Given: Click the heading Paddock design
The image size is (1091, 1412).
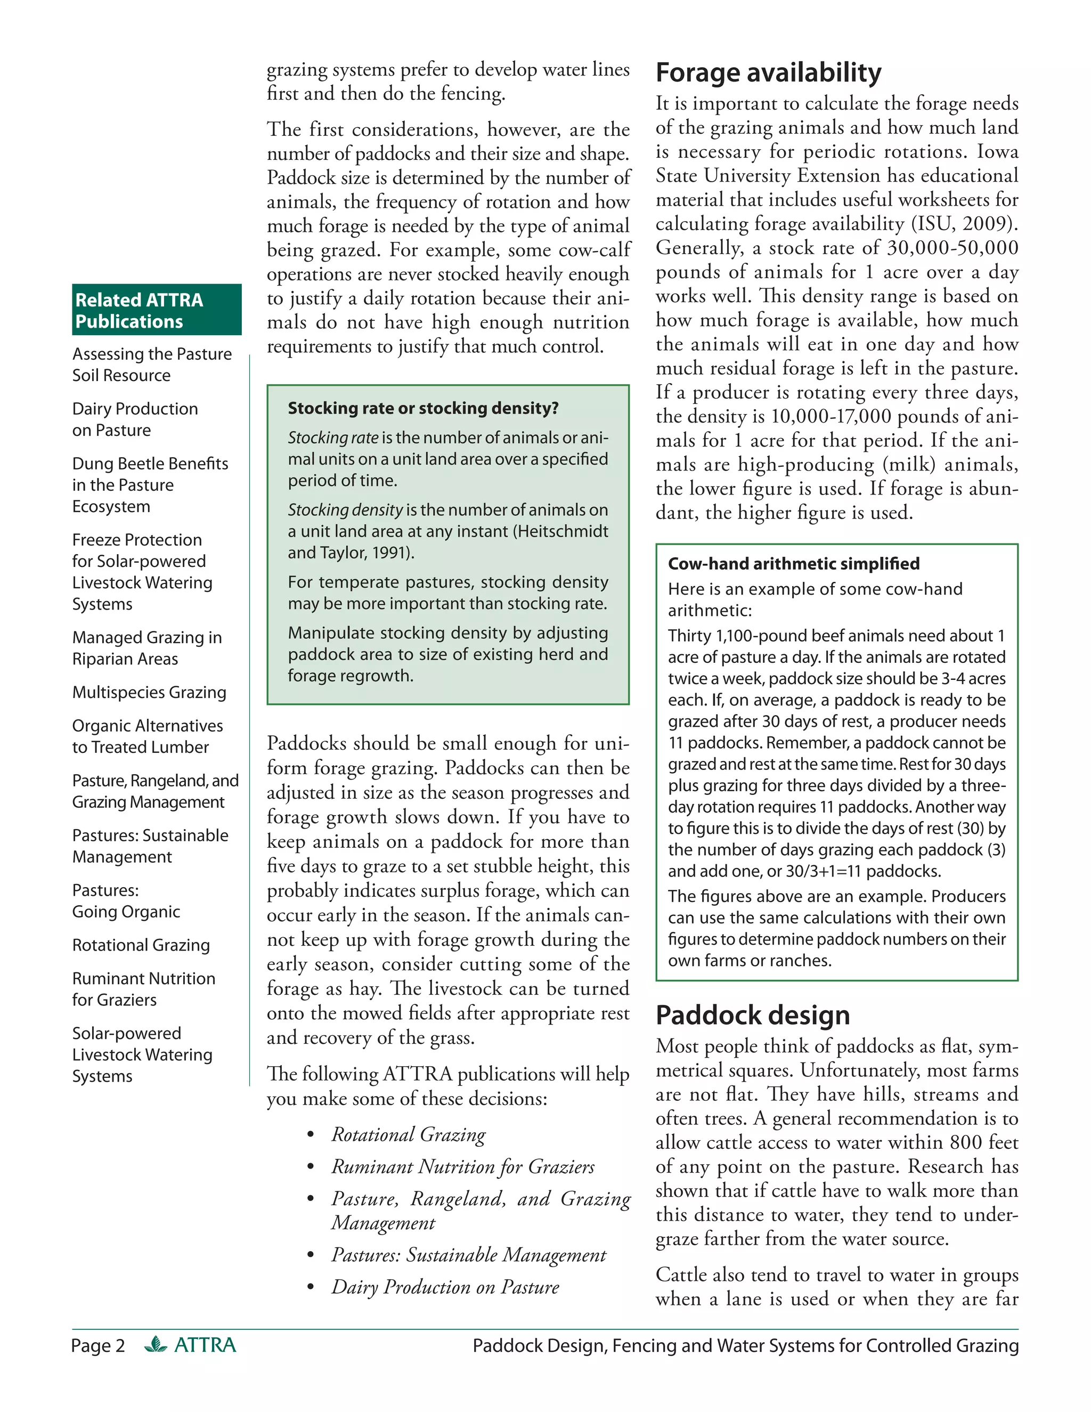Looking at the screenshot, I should click(x=752, y=1015).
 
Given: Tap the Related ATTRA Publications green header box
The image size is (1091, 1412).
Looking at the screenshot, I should click(x=157, y=310).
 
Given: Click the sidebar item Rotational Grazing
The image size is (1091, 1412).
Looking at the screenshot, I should click(x=141, y=945).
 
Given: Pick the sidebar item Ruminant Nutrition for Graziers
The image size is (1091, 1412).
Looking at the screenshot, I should click(x=143, y=988).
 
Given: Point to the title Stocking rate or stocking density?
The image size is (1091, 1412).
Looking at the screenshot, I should click(x=422, y=408).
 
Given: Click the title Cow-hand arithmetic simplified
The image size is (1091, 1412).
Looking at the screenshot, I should click(x=793, y=563).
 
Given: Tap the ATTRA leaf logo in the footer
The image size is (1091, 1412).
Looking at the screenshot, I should click(x=156, y=1345).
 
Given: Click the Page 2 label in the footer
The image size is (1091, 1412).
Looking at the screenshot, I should click(x=97, y=1345).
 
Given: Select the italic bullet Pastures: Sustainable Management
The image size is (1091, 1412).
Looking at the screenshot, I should click(x=468, y=1254).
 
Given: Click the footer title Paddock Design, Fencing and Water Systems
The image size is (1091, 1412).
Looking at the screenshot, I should click(x=745, y=1345).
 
